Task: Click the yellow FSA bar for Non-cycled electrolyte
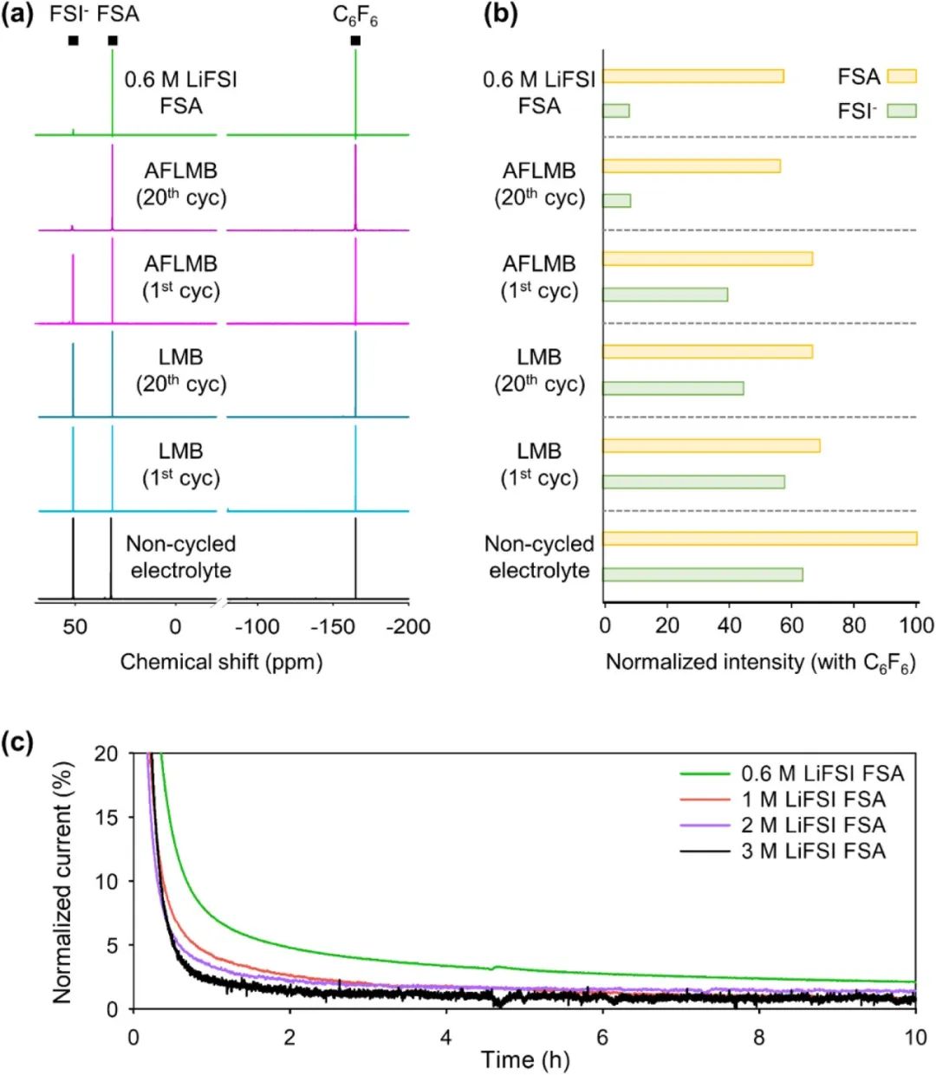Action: [759, 539]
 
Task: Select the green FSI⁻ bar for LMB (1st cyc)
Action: [693, 482]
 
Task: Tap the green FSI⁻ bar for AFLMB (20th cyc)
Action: [616, 201]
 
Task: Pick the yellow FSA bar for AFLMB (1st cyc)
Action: [707, 258]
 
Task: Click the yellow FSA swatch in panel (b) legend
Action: [902, 76]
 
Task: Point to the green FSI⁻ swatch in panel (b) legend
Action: [902, 110]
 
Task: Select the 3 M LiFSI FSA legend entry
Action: [813, 852]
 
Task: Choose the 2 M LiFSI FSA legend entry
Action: [813, 826]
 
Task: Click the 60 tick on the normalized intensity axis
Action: [790, 625]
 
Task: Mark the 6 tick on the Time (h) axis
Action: [602, 1037]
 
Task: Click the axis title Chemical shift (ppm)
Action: [221, 663]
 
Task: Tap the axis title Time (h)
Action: [525, 1059]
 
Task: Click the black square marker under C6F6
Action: [355, 41]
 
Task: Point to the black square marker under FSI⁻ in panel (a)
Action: [73, 41]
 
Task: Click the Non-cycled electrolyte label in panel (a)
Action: [180, 557]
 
